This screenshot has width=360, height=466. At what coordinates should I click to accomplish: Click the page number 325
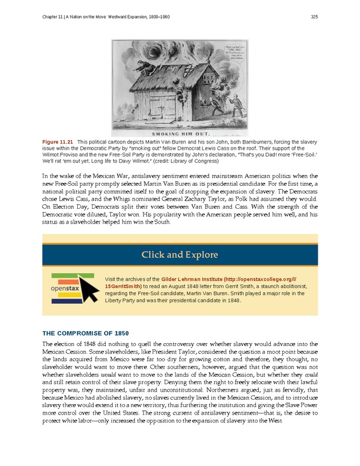314,17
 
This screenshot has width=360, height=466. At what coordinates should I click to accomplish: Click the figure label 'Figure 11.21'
58,141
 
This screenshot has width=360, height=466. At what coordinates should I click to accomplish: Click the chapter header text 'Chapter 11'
55,17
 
